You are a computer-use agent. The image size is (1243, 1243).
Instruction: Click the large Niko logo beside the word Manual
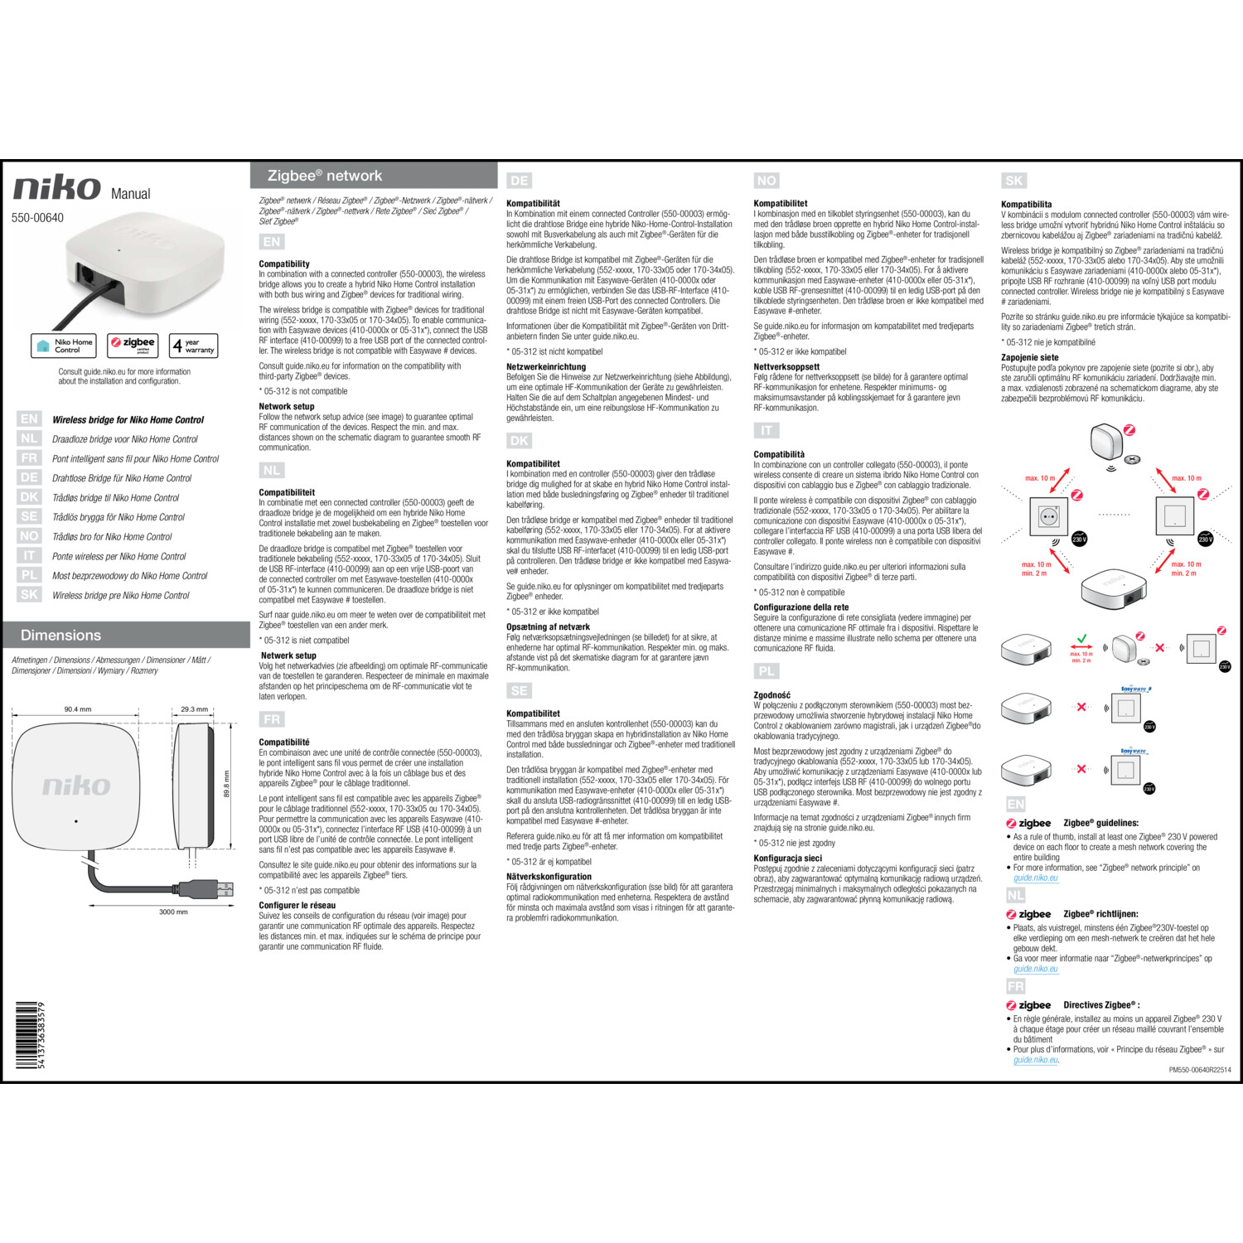click(56, 188)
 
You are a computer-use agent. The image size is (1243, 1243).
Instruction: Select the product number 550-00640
click(37, 218)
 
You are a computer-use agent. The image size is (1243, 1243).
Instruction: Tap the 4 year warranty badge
click(193, 346)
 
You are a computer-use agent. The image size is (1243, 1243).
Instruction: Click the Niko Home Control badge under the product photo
click(64, 346)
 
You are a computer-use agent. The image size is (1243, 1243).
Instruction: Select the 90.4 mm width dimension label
click(78, 709)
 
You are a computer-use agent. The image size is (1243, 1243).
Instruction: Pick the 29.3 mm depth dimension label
click(194, 709)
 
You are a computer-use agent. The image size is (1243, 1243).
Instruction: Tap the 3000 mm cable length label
click(173, 912)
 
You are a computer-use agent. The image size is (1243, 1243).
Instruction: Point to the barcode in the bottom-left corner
click(29, 1035)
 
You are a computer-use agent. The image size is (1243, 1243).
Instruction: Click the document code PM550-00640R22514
click(1199, 1070)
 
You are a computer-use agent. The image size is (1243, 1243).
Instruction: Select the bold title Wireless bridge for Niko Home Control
click(128, 420)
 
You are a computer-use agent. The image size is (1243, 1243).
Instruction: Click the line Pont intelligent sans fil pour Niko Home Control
click(135, 459)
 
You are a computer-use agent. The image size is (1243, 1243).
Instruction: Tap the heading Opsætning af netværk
click(548, 627)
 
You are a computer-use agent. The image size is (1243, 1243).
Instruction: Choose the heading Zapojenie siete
click(1029, 358)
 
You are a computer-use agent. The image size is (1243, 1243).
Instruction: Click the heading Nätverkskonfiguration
click(549, 877)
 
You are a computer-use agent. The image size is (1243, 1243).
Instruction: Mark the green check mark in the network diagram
click(1081, 640)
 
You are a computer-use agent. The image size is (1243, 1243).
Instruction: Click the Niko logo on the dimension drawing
click(76, 786)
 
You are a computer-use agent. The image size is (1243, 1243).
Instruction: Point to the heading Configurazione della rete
click(800, 607)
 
